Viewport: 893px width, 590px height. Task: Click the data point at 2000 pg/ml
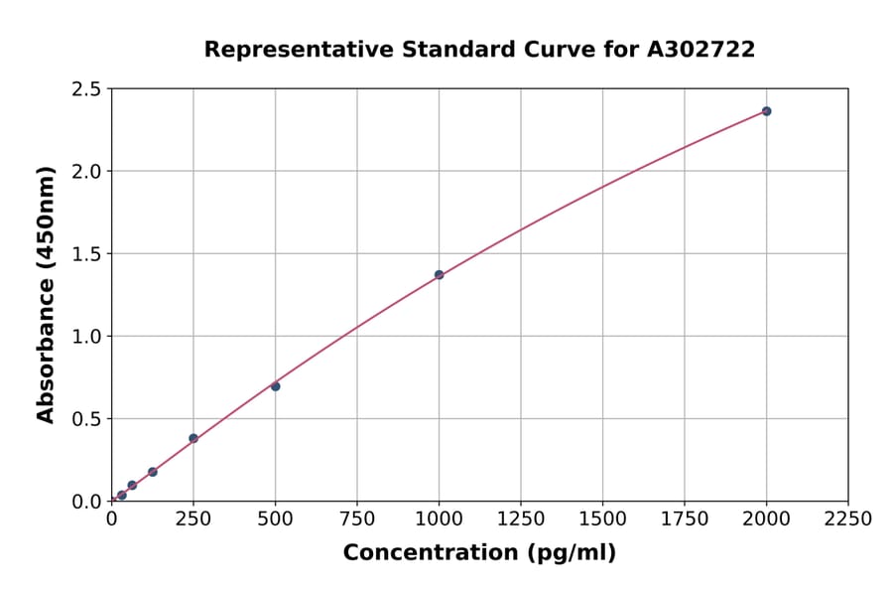(x=766, y=111)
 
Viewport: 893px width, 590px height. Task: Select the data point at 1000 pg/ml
(x=439, y=275)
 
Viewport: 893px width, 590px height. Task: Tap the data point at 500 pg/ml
(x=275, y=386)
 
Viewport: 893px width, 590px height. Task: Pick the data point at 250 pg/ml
(x=193, y=438)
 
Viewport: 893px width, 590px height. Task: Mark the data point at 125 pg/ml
(x=153, y=472)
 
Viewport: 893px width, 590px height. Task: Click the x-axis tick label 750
(x=357, y=518)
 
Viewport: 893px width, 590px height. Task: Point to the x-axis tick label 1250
(x=521, y=518)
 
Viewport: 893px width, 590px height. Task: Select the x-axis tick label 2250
(x=848, y=518)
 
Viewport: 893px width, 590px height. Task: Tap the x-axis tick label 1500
(x=602, y=518)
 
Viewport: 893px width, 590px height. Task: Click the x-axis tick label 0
(x=111, y=518)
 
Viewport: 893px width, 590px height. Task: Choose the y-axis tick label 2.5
(x=85, y=89)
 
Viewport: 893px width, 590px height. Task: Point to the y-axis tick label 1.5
(x=85, y=254)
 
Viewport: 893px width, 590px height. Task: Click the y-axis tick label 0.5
(x=85, y=419)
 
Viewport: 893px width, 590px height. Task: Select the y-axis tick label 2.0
(x=85, y=172)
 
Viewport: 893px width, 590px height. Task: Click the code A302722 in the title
(x=702, y=50)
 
